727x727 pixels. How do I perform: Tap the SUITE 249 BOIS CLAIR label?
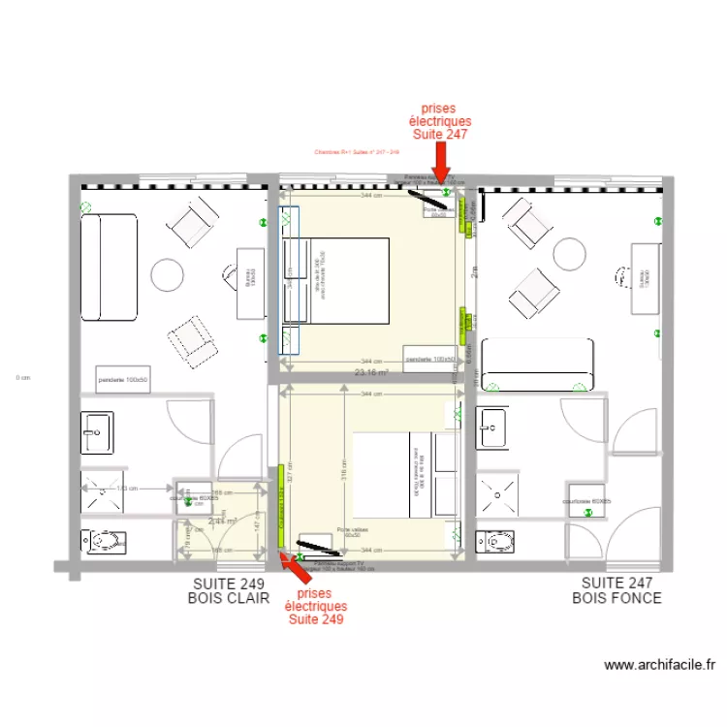[x=229, y=591]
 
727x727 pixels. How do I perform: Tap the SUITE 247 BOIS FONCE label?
[x=616, y=590]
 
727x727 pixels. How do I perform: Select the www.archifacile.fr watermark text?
[x=659, y=665]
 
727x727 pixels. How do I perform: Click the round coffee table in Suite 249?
[x=167, y=275]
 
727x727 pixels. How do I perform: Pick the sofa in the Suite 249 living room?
[x=109, y=268]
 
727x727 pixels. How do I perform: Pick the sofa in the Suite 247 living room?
[x=538, y=363]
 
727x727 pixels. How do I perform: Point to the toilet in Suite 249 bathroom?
[x=99, y=541]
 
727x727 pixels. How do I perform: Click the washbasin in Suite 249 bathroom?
[x=97, y=431]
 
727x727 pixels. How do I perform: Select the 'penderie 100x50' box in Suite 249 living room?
[x=123, y=380]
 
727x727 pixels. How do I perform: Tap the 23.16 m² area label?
[x=370, y=371]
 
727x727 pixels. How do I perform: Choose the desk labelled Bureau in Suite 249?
[x=250, y=280]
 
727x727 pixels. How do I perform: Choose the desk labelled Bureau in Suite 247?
[x=644, y=278]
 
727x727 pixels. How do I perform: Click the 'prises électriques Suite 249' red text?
[x=316, y=606]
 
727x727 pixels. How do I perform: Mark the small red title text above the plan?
[x=358, y=152]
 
